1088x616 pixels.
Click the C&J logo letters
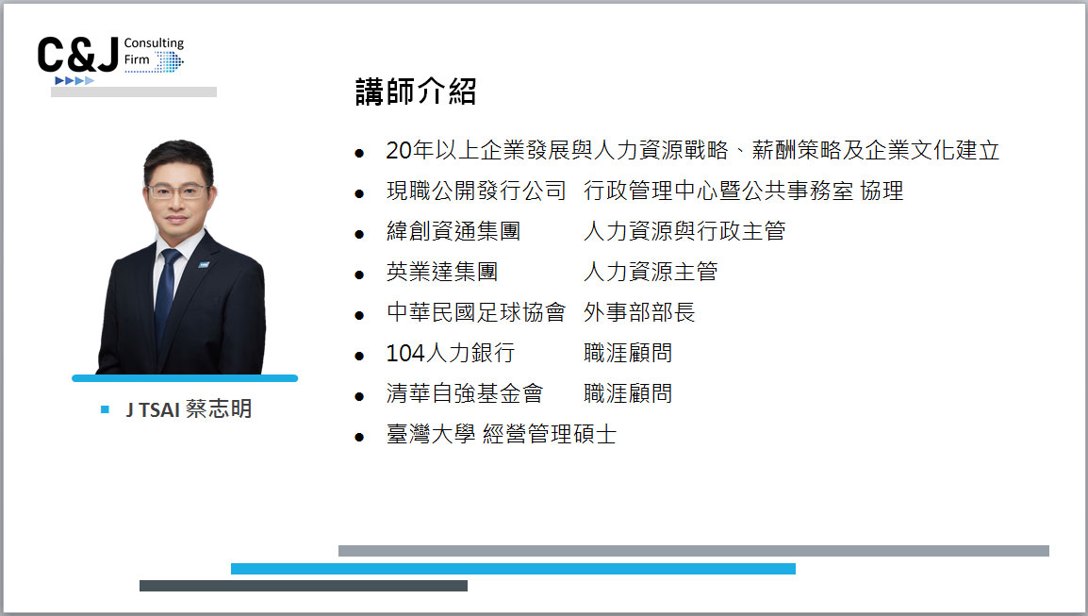(77, 55)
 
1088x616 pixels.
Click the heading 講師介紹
(416, 92)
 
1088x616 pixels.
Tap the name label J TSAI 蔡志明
(189, 409)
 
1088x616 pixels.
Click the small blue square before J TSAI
(105, 409)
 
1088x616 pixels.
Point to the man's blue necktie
(166, 291)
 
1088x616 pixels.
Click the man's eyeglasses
(177, 191)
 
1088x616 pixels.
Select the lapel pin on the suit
(204, 264)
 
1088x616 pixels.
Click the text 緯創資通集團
(453, 231)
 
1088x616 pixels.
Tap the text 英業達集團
(442, 272)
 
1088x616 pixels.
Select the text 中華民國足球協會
(476, 312)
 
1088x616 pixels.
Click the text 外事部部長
(639, 312)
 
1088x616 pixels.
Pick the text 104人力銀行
(450, 353)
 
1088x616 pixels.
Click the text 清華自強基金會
(464, 393)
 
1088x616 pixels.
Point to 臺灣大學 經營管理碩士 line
(501, 435)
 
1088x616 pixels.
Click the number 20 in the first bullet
(399, 150)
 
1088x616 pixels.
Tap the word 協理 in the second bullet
(882, 191)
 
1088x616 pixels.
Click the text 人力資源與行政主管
(684, 231)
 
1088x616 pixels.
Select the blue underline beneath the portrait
(185, 378)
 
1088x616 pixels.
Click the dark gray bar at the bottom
(304, 586)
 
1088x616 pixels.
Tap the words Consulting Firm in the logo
(154, 51)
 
